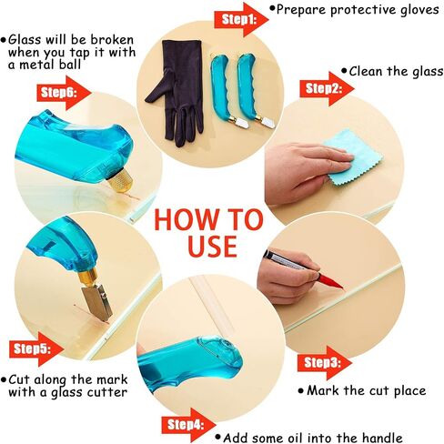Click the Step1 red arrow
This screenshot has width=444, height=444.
(241, 20)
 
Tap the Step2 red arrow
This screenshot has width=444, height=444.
(327, 89)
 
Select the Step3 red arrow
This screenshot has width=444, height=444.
(325, 363)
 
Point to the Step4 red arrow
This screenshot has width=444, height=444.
(188, 425)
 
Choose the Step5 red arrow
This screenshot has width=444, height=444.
(36, 349)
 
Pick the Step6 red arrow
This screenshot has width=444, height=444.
(64, 93)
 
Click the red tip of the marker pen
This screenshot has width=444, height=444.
(331, 281)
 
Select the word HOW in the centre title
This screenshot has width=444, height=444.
(179, 219)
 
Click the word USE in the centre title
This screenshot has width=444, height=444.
(212, 246)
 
